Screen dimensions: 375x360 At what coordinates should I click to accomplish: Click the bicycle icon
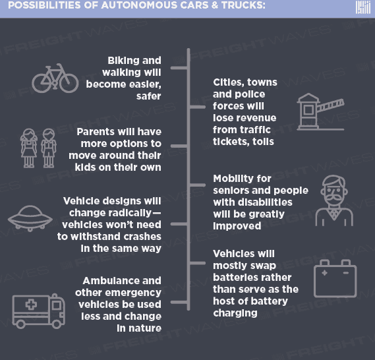coord(55,78)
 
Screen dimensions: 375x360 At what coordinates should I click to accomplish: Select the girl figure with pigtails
coord(29,148)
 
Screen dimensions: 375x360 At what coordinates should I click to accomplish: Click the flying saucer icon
coord(30,218)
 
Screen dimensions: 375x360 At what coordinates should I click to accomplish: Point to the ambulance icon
coord(38,311)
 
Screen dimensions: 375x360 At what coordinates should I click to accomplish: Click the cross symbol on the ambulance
coord(31,305)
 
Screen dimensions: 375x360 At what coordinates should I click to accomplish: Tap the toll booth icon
coord(320,111)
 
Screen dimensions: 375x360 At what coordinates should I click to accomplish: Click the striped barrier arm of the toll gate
coord(331,105)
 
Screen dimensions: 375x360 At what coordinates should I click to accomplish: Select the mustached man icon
coord(334,200)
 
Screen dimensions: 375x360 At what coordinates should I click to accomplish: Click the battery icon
coord(335,279)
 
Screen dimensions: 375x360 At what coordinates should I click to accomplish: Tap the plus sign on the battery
coord(324,273)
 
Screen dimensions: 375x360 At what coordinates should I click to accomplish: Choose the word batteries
coord(235,278)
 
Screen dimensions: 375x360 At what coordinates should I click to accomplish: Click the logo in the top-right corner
coord(363,7)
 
